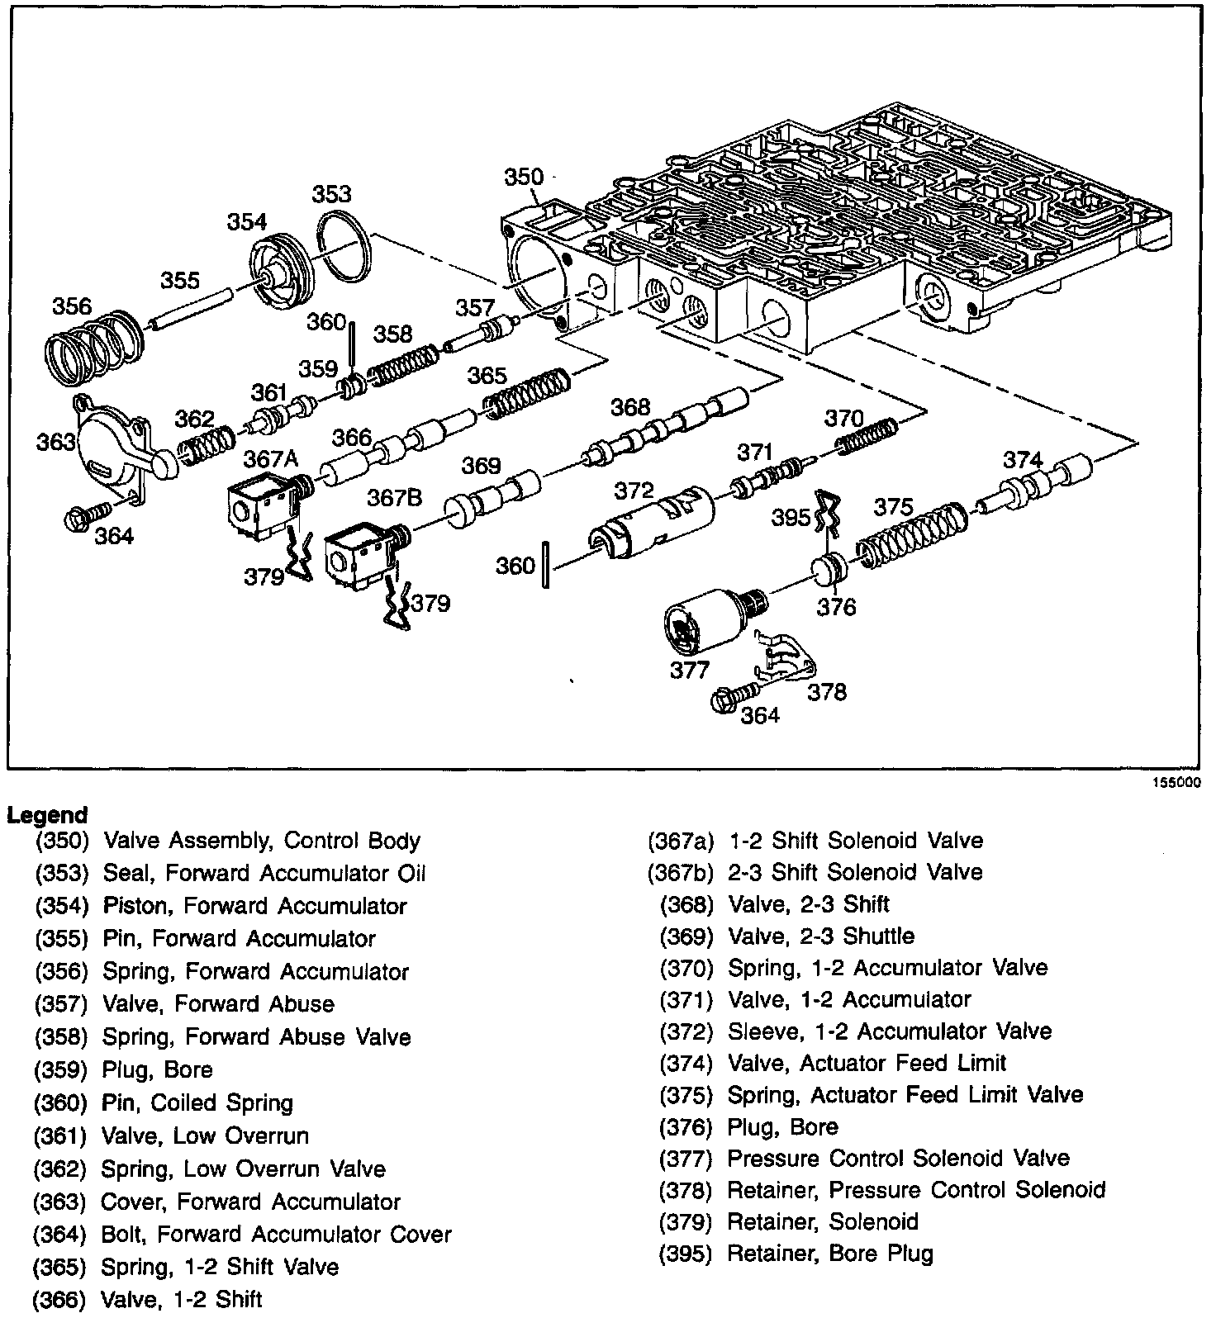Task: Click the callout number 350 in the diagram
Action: tap(524, 177)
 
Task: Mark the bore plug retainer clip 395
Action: tap(826, 513)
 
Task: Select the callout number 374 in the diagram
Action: tap(1022, 460)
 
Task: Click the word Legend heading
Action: tap(47, 815)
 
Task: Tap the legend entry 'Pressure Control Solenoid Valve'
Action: tap(898, 1158)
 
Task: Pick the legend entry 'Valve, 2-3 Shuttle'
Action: tap(821, 936)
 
